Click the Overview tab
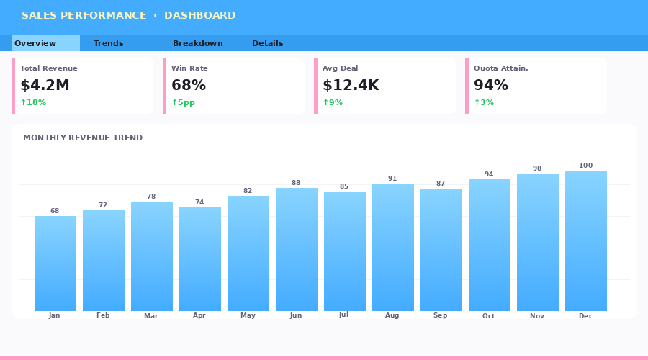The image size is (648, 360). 35,43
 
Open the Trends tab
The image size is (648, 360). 108,43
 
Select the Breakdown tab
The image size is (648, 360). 197,43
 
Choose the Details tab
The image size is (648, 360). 267,43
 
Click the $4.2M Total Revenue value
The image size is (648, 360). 45,85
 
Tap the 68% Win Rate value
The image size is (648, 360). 189,85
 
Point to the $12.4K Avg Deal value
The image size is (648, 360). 351,85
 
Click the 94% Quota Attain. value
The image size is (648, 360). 491,85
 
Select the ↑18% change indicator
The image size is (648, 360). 33,102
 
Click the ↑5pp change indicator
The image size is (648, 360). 183,102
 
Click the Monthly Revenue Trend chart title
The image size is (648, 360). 83,138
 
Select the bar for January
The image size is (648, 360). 55,264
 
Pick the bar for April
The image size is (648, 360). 200,259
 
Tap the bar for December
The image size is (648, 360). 586,241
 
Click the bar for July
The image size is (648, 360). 345,251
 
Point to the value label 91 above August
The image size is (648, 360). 392,179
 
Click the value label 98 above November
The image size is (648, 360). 537,168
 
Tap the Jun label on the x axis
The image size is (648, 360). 296,315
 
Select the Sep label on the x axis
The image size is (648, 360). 441,315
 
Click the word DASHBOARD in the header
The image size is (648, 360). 199,15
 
